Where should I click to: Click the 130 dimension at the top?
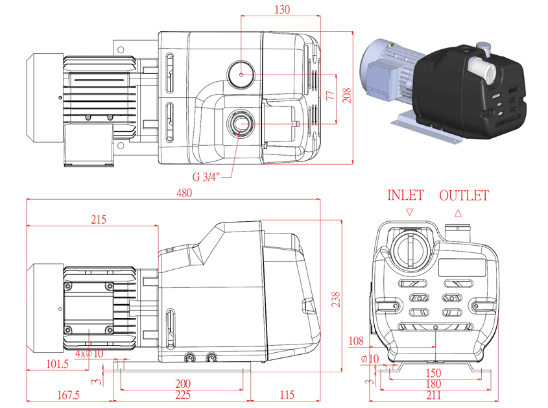coord(282,9)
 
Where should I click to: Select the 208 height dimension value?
coord(348,96)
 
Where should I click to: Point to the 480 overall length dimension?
coord(184,193)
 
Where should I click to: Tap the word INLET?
coord(405,195)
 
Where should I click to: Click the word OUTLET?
coord(463,195)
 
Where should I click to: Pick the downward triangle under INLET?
coord(409,212)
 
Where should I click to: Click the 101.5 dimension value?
coord(57,364)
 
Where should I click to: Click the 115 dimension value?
coord(287,394)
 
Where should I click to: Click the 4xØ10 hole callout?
coord(89,354)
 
